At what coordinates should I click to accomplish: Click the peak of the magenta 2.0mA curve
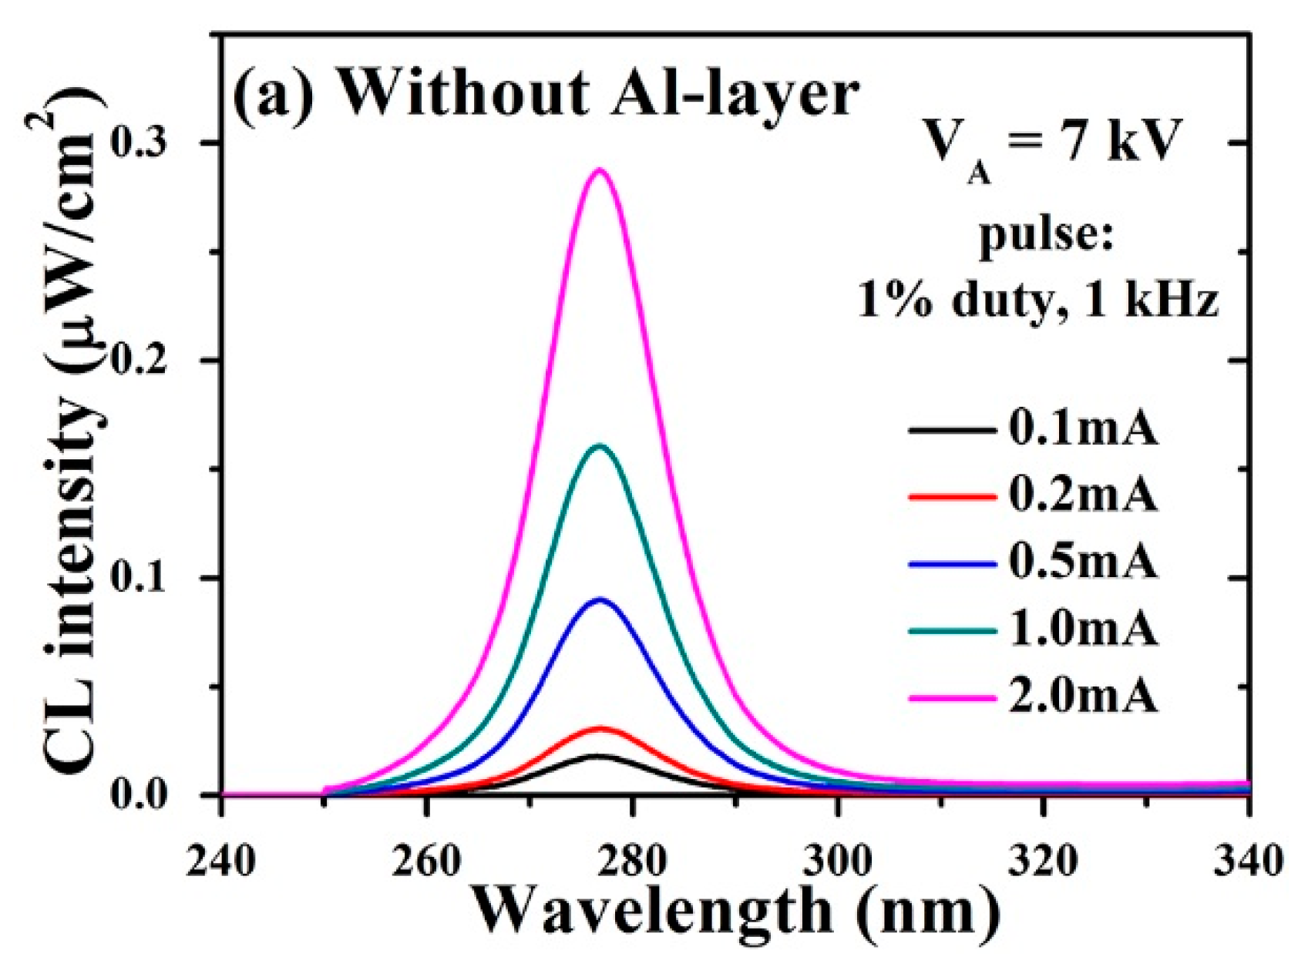[x=599, y=170]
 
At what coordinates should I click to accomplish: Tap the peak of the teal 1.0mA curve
[x=600, y=445]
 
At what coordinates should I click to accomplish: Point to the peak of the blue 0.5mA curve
[x=600, y=599]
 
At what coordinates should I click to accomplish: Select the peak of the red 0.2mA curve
[x=600, y=728]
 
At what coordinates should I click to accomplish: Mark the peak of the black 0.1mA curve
[x=597, y=756]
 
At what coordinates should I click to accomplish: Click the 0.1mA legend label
[x=1083, y=429]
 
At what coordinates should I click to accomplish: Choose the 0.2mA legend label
[x=1083, y=495]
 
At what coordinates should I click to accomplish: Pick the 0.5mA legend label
[x=1083, y=562]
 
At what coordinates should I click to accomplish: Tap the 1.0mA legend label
[x=1083, y=630]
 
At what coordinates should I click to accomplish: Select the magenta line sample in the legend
[x=952, y=697]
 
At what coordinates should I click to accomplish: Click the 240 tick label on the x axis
[x=221, y=861]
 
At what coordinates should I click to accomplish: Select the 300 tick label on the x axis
[x=838, y=861]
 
